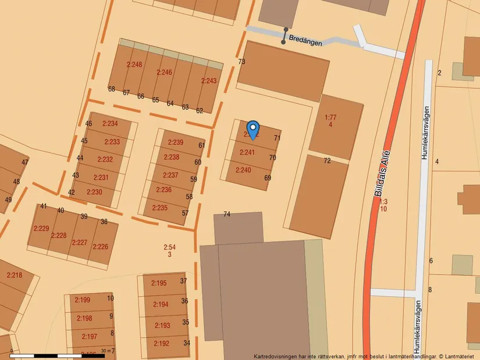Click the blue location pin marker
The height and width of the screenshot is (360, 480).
coord(253,129)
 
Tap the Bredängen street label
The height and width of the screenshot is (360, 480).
coord(305,42)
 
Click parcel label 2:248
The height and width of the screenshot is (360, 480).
coord(134,65)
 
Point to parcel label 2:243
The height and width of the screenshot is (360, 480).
coord(209,81)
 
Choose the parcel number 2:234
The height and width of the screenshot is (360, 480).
coord(110,123)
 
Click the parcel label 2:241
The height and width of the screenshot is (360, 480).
coord(247,152)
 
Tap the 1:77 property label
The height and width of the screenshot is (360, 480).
coord(330,117)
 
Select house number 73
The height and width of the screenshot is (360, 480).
coord(241,62)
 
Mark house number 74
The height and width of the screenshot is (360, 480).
coord(227,214)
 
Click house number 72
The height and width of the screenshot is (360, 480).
coord(327,161)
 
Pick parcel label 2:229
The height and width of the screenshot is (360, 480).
coord(41,228)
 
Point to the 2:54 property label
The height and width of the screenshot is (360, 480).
coord(169,248)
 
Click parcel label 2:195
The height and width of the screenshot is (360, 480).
coord(159,283)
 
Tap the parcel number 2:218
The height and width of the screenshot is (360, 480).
coord(14,275)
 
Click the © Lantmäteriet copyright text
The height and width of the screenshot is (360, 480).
coord(457,356)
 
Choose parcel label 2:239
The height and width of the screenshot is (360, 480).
coord(175,142)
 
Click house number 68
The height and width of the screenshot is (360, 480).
coord(111,89)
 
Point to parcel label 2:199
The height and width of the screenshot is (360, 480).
coord(83,300)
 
